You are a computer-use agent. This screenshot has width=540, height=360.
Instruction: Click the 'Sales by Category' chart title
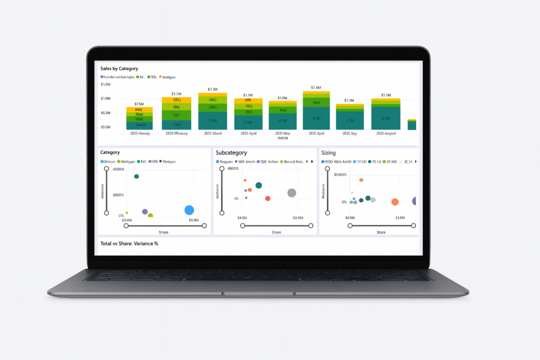[119, 69]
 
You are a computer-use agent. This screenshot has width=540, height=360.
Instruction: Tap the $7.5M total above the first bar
[139, 104]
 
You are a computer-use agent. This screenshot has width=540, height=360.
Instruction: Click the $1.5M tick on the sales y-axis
[105, 85]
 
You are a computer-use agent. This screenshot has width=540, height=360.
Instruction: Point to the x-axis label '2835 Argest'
[386, 133]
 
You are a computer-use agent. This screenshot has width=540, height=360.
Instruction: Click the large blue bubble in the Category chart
[189, 210]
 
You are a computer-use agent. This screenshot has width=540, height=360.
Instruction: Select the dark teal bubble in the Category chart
[137, 176]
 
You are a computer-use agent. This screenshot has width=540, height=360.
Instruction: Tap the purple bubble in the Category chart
[145, 212]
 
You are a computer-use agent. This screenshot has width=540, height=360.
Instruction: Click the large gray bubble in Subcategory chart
[292, 193]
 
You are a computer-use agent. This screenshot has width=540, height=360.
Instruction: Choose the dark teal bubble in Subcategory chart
[259, 185]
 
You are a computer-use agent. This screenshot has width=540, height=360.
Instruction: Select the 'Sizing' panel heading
[328, 153]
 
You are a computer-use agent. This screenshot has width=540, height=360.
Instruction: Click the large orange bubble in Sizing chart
[395, 202]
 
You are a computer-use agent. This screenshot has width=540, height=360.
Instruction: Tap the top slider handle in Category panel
[106, 169]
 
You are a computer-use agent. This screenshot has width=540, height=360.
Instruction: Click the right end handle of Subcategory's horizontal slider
[310, 226]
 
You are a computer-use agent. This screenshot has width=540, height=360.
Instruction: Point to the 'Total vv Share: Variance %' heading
[129, 243]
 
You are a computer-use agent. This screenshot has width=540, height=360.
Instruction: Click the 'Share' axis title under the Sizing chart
[381, 232]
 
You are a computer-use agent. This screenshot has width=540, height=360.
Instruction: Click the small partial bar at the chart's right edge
[411, 125]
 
